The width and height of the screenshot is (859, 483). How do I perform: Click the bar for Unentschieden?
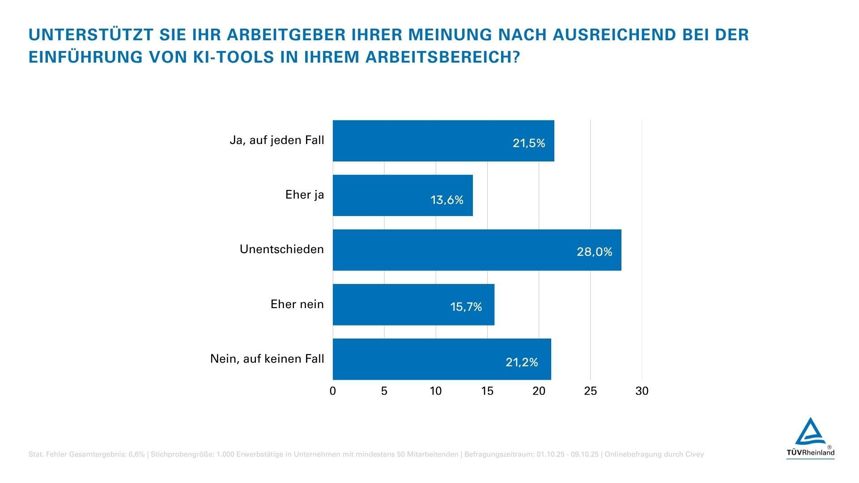click(x=477, y=250)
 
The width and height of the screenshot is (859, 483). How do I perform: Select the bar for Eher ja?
click(x=403, y=195)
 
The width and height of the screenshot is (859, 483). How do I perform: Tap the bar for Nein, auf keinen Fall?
click(x=442, y=359)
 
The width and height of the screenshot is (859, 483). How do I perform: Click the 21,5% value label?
click(x=529, y=143)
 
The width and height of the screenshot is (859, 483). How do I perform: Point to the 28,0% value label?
click(x=594, y=252)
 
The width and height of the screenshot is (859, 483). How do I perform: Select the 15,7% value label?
click(x=466, y=307)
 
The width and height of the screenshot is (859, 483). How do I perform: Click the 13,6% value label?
click(x=447, y=200)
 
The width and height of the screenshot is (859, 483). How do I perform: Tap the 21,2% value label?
click(x=522, y=362)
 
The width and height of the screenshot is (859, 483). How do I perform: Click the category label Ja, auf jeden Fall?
click(x=276, y=140)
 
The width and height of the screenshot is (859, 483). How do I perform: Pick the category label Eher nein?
click(x=297, y=305)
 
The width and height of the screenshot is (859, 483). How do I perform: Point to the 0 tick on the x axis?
click(x=332, y=391)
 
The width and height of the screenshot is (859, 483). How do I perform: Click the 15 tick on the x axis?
click(x=487, y=391)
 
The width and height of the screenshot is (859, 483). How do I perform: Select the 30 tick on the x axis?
click(x=642, y=391)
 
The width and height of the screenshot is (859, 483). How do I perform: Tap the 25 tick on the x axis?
click(x=590, y=391)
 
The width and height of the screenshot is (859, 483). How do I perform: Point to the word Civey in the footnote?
click(x=694, y=454)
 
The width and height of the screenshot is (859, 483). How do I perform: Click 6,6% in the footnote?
click(x=136, y=454)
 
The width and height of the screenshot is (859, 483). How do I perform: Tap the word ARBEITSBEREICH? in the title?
click(x=443, y=57)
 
